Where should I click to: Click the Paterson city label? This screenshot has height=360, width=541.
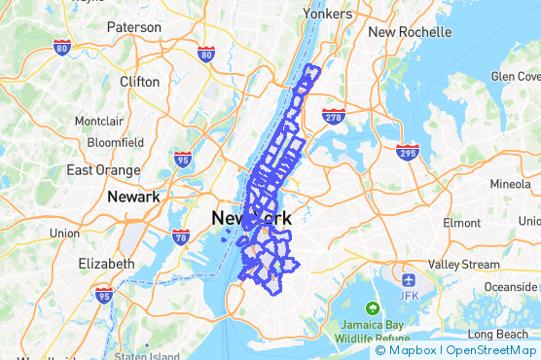pyautogui.click(x=134, y=27)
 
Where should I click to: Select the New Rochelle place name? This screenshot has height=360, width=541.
pyautogui.click(x=410, y=31)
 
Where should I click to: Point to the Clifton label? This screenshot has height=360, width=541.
pyautogui.click(x=139, y=82)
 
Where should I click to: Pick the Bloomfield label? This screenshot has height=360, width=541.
pyautogui.click(x=115, y=142)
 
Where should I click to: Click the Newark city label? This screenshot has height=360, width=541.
pyautogui.click(x=132, y=197)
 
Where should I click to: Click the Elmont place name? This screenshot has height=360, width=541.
pyautogui.click(x=461, y=223)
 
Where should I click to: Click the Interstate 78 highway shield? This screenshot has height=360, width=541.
pyautogui.click(x=180, y=235)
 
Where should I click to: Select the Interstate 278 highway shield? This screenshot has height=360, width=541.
pyautogui.click(x=333, y=117)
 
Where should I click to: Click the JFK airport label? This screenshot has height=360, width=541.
pyautogui.click(x=407, y=295)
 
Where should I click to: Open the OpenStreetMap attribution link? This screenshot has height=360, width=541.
pyautogui.click(x=491, y=350)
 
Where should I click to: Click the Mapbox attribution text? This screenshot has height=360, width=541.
pyautogui.click(x=410, y=350)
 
